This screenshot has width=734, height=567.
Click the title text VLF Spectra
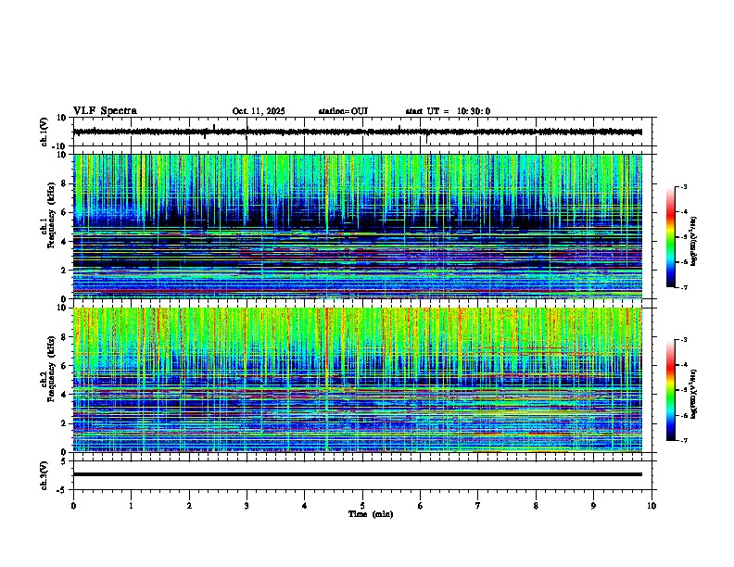pos(105,110)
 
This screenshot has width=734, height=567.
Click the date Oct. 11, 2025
pos(259,111)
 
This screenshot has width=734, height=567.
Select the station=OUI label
pos(343,111)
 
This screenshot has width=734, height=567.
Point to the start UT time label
pos(448,111)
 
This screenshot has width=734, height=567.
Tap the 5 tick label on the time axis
pos(363,506)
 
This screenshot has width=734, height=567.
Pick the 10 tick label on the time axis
pos(652,506)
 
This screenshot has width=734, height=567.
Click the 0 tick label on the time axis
pos(73,506)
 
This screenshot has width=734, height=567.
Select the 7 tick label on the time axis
pos(478,506)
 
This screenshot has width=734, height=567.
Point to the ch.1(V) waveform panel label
pos(44,132)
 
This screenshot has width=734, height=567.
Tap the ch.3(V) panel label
pos(44,474)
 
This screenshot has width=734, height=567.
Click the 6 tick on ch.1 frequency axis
pos(65,212)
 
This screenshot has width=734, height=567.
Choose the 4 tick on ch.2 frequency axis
pos(65,394)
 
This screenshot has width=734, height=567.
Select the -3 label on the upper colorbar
pos(684,188)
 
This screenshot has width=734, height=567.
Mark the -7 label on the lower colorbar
pos(684,441)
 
